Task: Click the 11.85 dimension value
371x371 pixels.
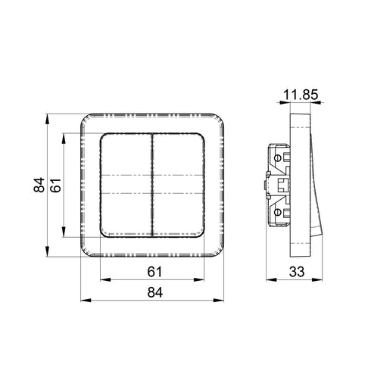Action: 301,95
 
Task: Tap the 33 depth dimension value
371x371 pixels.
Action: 297,272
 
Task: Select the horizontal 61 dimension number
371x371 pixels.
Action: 154,272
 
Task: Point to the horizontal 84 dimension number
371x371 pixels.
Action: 155,292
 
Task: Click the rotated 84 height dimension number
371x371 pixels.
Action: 39,185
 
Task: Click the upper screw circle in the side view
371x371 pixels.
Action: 277,158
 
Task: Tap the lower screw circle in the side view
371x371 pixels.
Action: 277,212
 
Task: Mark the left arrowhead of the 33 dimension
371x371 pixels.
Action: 271,280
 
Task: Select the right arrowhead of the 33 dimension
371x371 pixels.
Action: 317,280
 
